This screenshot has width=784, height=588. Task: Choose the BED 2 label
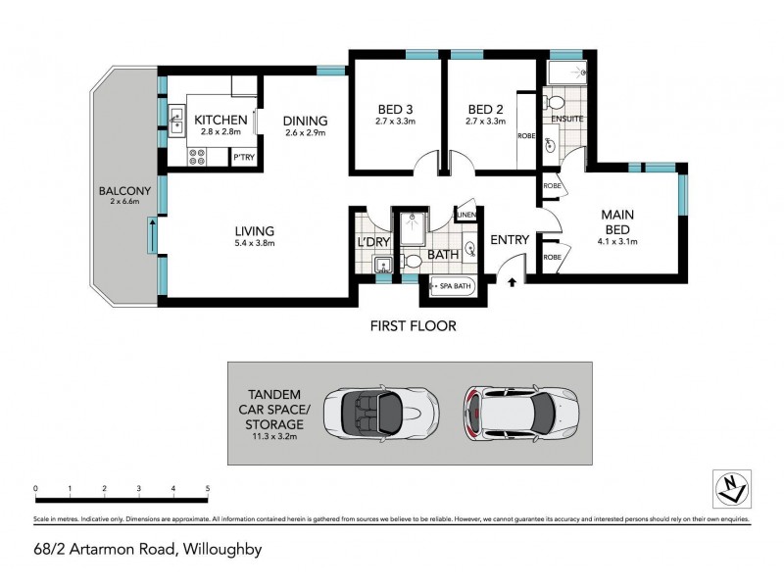(485, 109)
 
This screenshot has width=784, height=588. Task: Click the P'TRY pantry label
(243, 157)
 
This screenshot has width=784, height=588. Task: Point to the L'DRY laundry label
(372, 241)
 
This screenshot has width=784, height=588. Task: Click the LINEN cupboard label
(465, 216)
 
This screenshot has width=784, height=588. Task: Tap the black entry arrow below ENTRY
(513, 282)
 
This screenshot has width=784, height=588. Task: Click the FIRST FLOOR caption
(412, 325)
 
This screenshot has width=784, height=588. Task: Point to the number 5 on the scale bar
(207, 487)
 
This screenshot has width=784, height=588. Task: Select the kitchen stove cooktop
(197, 155)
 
